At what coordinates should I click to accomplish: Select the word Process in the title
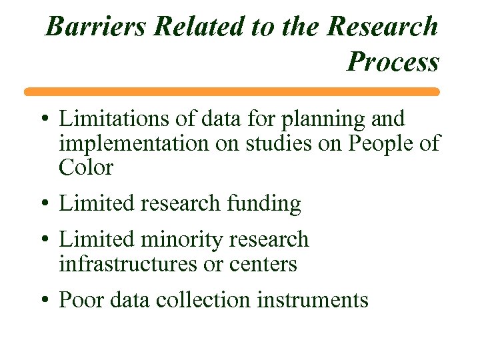[x=393, y=62]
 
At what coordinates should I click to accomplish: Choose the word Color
[x=86, y=168]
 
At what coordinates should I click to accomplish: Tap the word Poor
[x=83, y=300]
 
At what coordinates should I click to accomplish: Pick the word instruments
[x=313, y=300]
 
